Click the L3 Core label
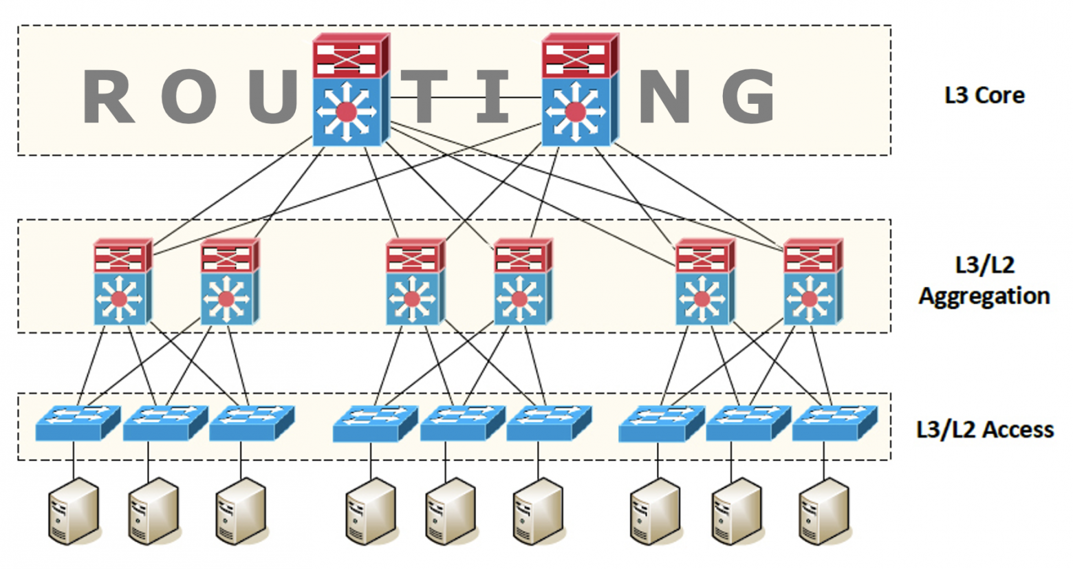pos(984,95)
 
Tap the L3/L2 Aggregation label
pos(984,281)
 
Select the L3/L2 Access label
pos(984,429)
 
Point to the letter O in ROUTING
pos(190,98)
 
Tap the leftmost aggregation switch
pos(122,282)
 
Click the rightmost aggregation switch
pos(812,282)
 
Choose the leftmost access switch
pos(77,422)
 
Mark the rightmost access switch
pos(834,422)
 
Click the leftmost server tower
pos(74,511)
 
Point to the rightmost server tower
pos(824,511)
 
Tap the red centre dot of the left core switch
pos(347,111)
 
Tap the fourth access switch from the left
pos(374,422)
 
